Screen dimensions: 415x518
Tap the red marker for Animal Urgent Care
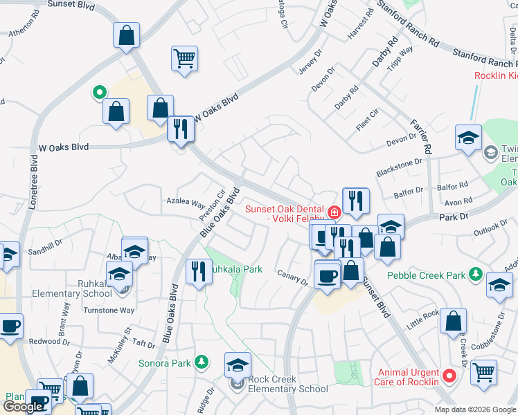point(449,377)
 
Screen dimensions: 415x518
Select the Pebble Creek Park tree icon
point(475,275)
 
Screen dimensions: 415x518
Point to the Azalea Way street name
point(185,205)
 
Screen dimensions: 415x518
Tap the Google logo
point(23,407)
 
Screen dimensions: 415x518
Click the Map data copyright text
point(476,409)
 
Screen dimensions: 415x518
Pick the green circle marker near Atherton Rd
point(99,91)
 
